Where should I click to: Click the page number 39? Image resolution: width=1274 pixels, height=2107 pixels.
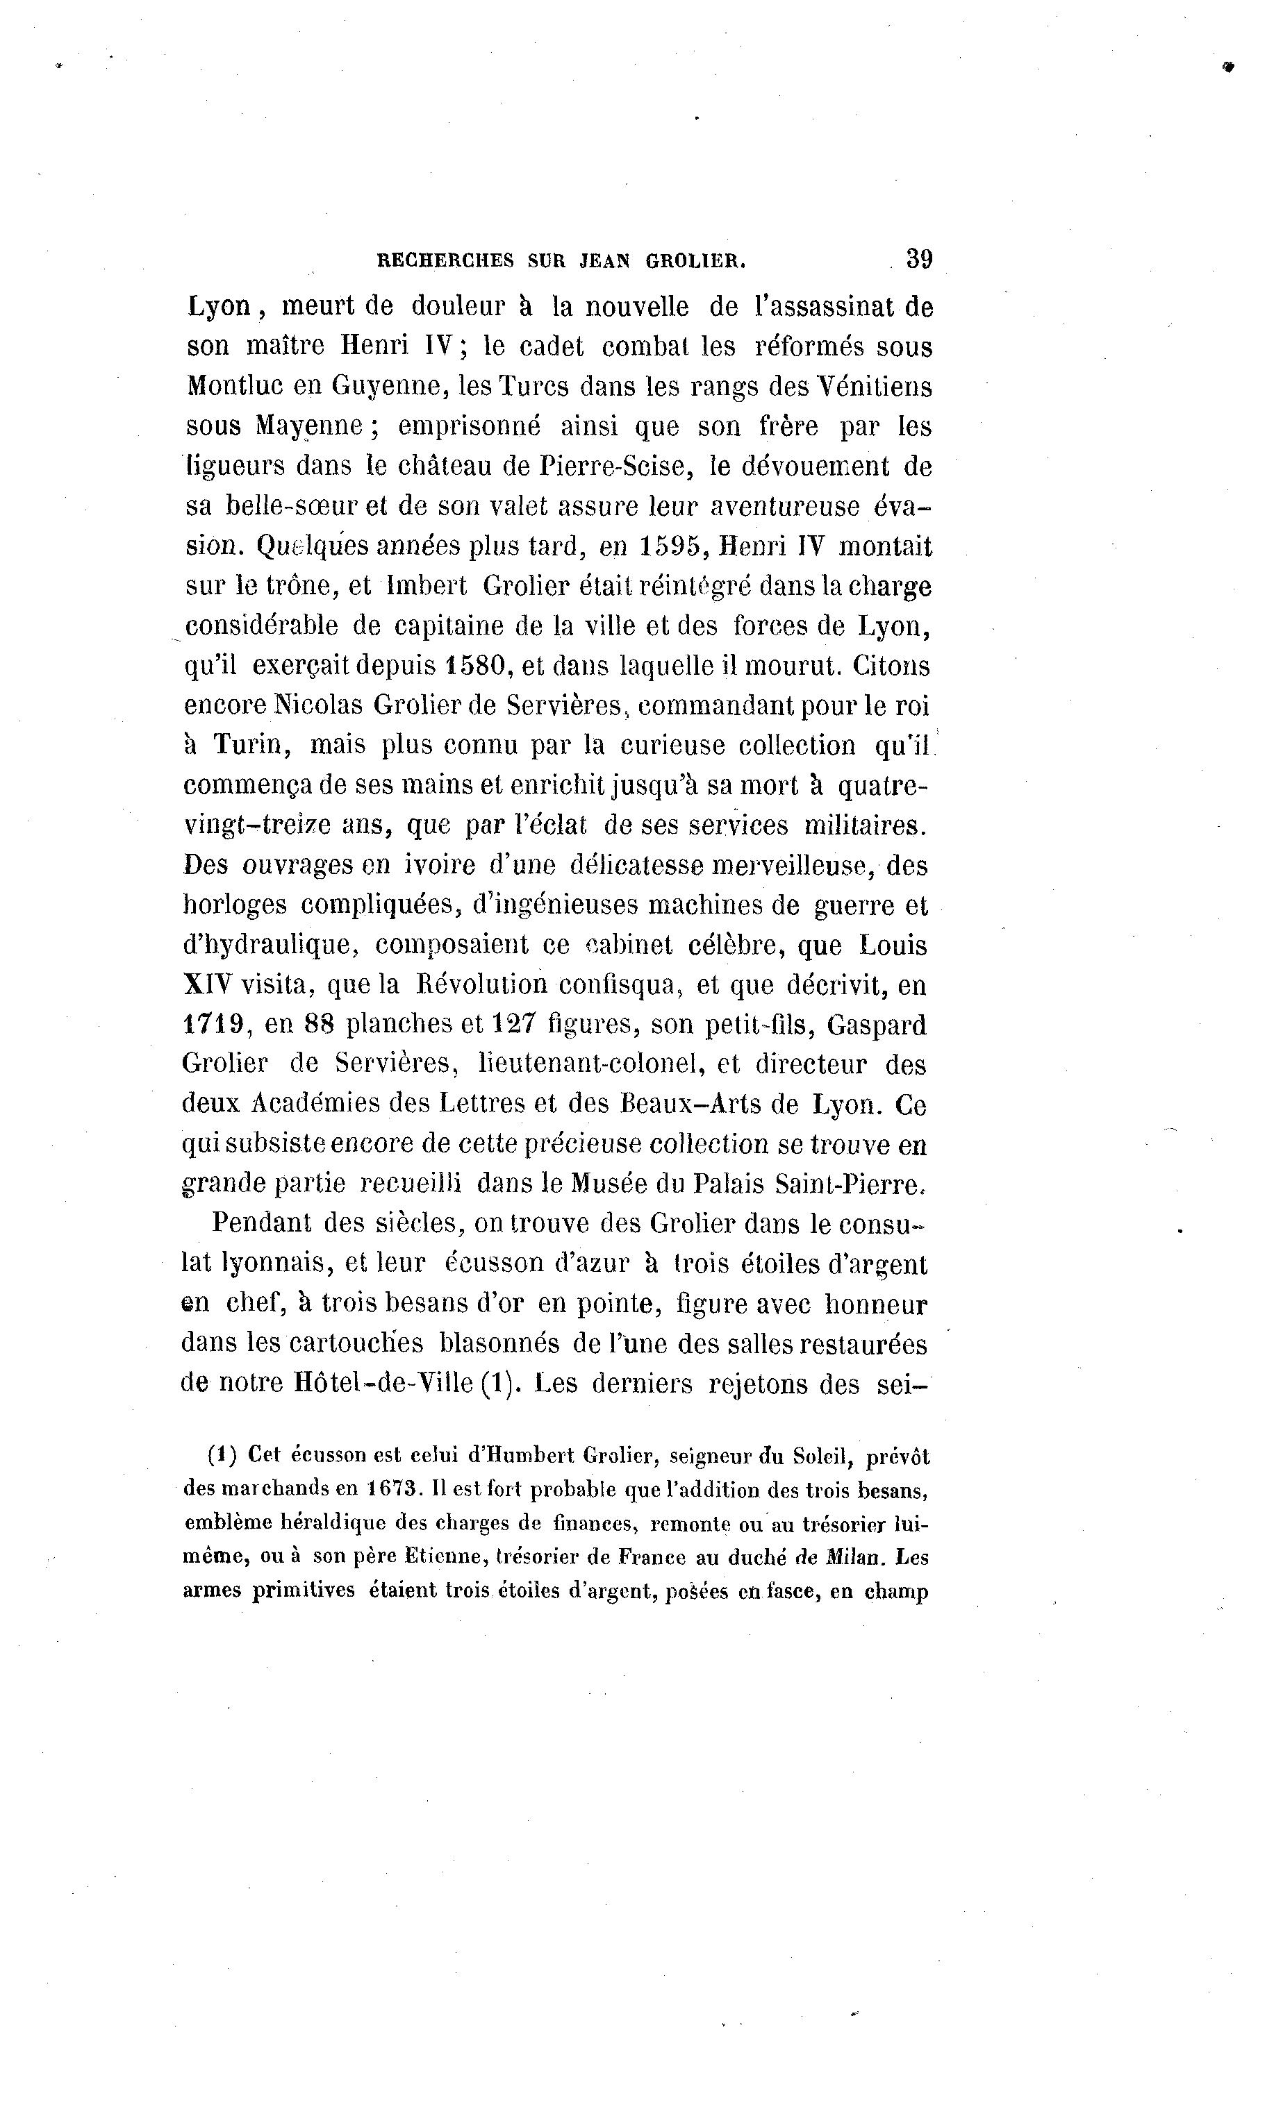coord(919,258)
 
